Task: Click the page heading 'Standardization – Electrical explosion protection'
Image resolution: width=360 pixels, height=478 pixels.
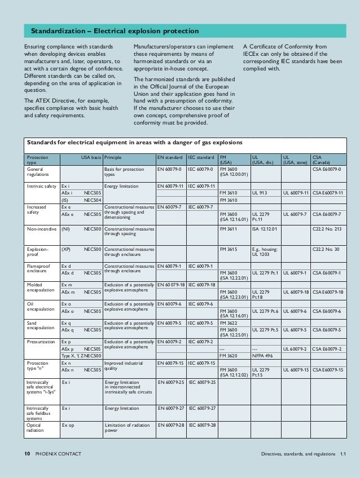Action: tap(114, 30)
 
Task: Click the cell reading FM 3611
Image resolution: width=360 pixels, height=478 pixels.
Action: tap(229, 230)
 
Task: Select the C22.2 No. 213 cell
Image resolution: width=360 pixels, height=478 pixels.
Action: tap(327, 230)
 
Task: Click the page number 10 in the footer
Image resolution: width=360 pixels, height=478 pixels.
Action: tap(27, 454)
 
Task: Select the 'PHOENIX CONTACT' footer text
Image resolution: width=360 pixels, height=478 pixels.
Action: tap(58, 454)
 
